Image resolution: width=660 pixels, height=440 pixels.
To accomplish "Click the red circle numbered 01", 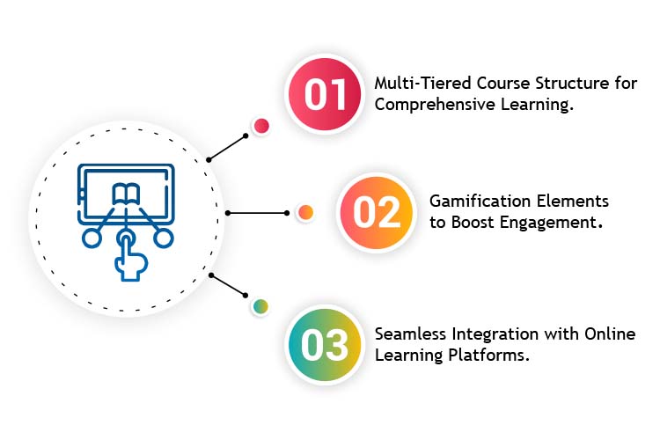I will pyautogui.click(x=325, y=93).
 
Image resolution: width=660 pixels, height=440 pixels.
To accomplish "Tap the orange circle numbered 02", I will pyautogui.click(x=376, y=213).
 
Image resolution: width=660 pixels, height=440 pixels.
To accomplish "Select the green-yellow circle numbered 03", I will pyautogui.click(x=325, y=344).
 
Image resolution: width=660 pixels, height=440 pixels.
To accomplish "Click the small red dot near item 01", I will pyautogui.click(x=260, y=126).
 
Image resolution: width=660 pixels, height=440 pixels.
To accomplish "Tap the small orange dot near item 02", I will pyautogui.click(x=305, y=212).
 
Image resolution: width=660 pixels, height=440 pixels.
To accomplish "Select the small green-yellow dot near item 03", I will pyautogui.click(x=260, y=306).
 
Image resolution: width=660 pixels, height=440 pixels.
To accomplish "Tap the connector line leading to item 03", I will pyautogui.click(x=229, y=286).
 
